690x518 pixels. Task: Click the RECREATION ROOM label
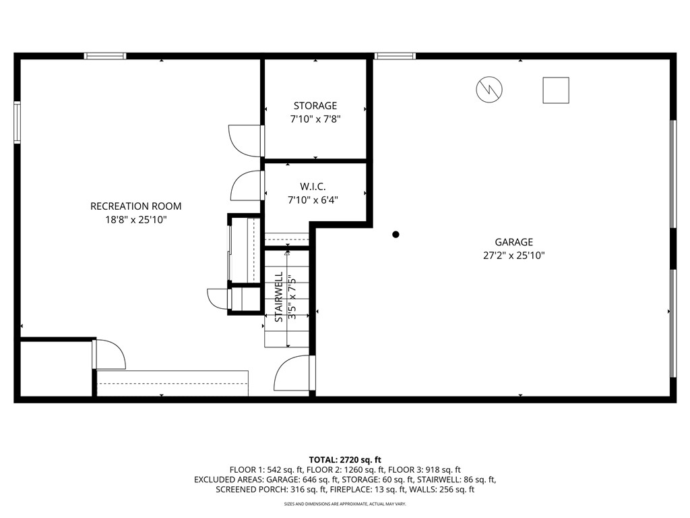coord(135,206)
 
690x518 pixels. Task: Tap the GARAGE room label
coord(513,242)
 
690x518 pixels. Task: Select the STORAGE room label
coord(315,106)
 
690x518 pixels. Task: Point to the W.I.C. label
coord(313,186)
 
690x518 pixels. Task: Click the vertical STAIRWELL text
coord(278,297)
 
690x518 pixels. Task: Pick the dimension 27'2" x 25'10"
coord(513,256)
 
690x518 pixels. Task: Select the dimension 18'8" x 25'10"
coord(135,220)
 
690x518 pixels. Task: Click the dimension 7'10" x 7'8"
coord(315,119)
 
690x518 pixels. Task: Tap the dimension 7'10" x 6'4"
coord(313,200)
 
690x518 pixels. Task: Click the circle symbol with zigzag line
coord(489,90)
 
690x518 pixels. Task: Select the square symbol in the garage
coord(556,90)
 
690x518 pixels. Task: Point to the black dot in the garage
coord(396,235)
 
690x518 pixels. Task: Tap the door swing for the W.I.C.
coord(247,186)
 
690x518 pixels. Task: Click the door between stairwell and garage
coord(294,374)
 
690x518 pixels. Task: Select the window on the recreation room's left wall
coord(17,122)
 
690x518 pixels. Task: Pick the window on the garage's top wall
coord(395,56)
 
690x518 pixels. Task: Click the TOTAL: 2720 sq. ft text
coord(344,459)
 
